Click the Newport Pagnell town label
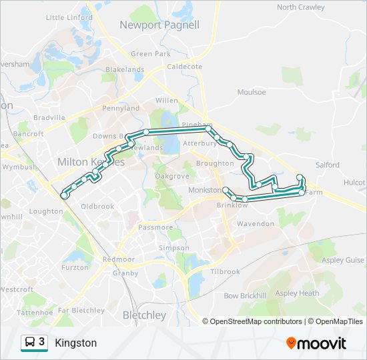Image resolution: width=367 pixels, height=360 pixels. (x=159, y=25)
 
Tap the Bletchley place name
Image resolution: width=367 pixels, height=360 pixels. (x=144, y=315)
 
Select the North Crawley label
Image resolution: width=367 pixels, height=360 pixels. (x=300, y=7)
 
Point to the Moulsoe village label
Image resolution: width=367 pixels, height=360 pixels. (x=252, y=92)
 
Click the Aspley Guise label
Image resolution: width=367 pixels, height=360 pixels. (x=342, y=261)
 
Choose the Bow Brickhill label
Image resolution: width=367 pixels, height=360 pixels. (x=244, y=295)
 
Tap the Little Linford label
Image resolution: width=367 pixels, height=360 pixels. (x=69, y=17)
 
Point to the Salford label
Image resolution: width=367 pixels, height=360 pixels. (x=328, y=165)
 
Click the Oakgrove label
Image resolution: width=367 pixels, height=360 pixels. (x=172, y=176)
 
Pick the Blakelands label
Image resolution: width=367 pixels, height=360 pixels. (x=125, y=69)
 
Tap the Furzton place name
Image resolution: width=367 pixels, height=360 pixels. (x=74, y=267)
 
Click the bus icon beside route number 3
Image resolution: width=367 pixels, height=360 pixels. (x=30, y=343)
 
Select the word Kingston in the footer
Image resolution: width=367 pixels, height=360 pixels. (x=76, y=343)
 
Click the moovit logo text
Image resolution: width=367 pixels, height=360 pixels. (x=322, y=343)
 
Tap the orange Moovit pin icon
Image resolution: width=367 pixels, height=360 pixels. (x=291, y=343)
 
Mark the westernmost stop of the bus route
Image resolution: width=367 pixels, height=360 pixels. (x=64, y=195)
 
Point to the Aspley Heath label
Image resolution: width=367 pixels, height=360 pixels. (x=297, y=293)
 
